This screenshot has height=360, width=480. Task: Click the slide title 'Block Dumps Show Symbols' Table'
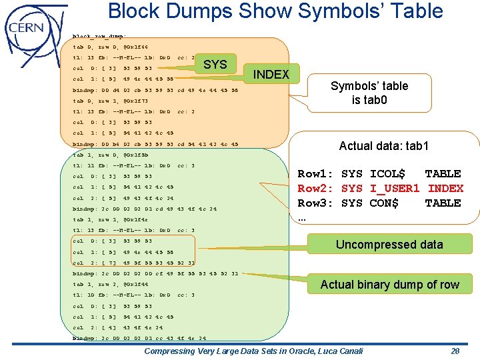275,11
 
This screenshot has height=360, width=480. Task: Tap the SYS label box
215,65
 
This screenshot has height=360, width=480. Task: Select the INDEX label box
271,74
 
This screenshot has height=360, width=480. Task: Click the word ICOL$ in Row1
387,174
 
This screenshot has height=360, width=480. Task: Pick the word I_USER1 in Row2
393,189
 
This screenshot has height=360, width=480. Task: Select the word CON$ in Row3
384,203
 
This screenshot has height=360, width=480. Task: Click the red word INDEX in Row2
445,189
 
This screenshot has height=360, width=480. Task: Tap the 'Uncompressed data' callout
389,245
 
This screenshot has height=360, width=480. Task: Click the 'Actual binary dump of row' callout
389,285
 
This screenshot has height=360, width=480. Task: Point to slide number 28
455,351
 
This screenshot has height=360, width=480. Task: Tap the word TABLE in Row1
443,174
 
